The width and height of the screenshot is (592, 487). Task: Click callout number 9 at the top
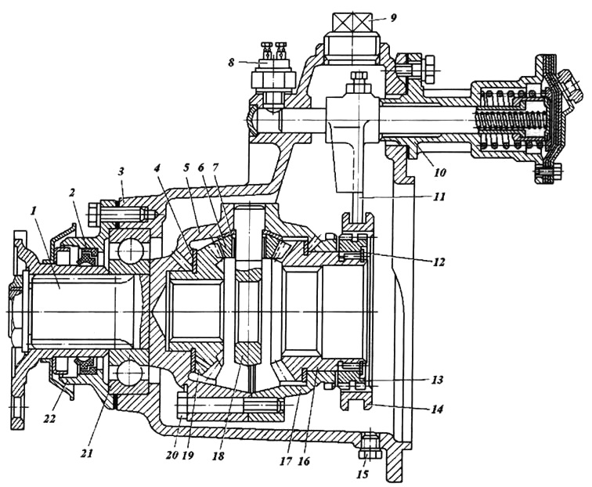393,18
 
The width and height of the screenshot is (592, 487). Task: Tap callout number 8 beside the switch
231,63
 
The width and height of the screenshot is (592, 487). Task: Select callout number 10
439,172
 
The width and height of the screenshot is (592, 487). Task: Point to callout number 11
439,197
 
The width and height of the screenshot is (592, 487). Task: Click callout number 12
439,262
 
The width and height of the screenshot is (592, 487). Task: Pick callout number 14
437,409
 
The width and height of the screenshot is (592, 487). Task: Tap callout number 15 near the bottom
363,474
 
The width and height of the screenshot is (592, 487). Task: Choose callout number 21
86,453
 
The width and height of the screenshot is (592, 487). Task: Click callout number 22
49,418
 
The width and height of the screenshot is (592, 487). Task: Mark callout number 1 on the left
34,211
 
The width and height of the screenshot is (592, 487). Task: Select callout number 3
121,172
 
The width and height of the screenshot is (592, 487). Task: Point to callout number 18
218,456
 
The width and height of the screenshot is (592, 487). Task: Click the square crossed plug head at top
351,23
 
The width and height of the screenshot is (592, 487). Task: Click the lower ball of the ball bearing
128,373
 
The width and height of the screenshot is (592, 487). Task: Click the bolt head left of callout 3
94,214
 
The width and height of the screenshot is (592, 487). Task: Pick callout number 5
186,168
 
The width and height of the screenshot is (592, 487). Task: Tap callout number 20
171,455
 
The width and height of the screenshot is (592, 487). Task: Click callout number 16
304,461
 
